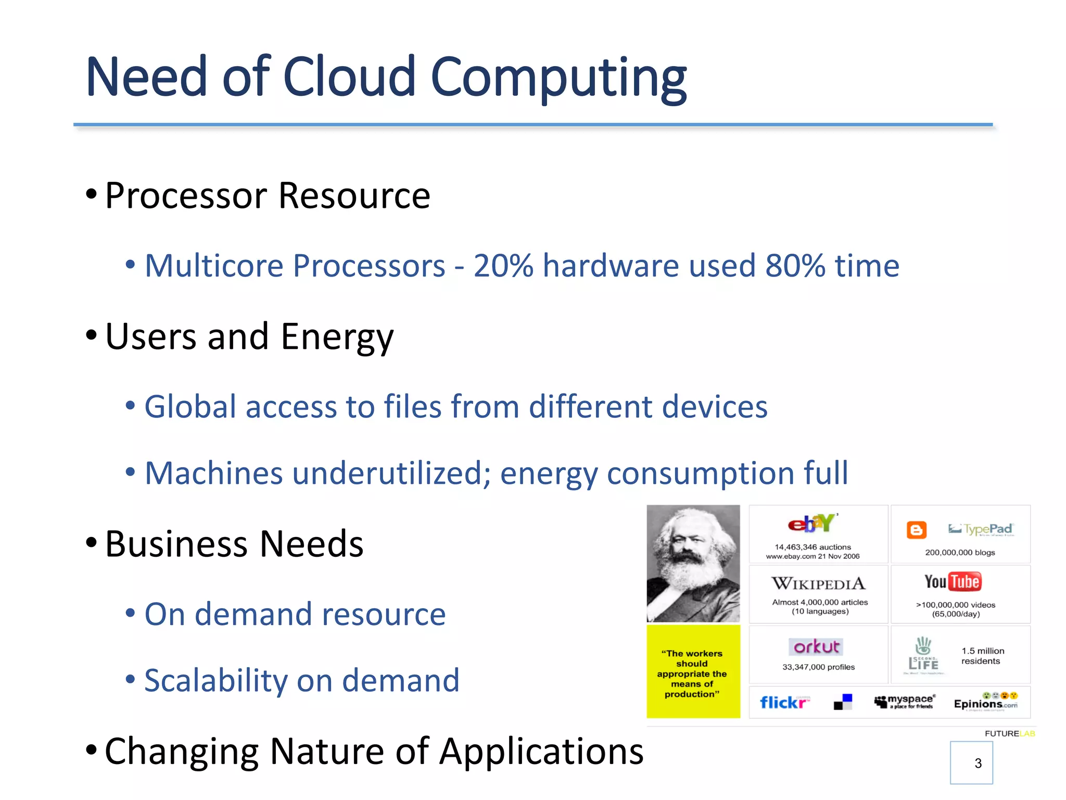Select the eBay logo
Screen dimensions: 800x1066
811,523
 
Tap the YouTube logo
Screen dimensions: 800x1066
953,582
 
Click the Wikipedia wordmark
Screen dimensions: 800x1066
818,583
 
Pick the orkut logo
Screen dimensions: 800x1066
816,647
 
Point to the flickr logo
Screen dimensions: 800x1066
784,703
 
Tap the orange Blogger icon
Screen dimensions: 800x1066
916,530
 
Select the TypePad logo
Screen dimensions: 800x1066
981,529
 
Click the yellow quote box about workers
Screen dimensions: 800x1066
693,672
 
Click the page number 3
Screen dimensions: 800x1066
978,763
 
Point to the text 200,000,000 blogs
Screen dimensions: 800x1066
960,553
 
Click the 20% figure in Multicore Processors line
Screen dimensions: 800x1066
503,266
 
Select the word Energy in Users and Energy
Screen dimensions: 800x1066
337,337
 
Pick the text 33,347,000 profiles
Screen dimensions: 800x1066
818,667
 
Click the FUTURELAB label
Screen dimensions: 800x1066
1009,733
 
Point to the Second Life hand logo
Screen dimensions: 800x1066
923,646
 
